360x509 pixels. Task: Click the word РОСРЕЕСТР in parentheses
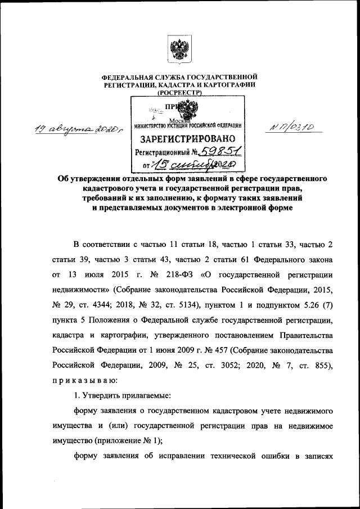[179, 92]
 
